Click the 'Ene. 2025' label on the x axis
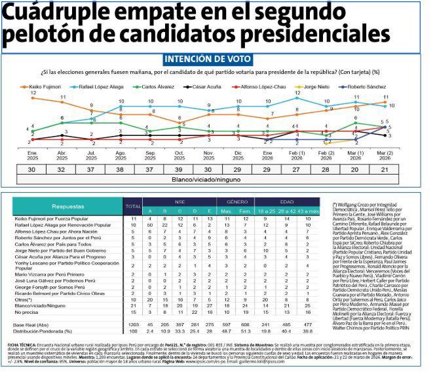[x=33, y=155]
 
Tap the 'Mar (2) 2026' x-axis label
[x=386, y=155]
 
